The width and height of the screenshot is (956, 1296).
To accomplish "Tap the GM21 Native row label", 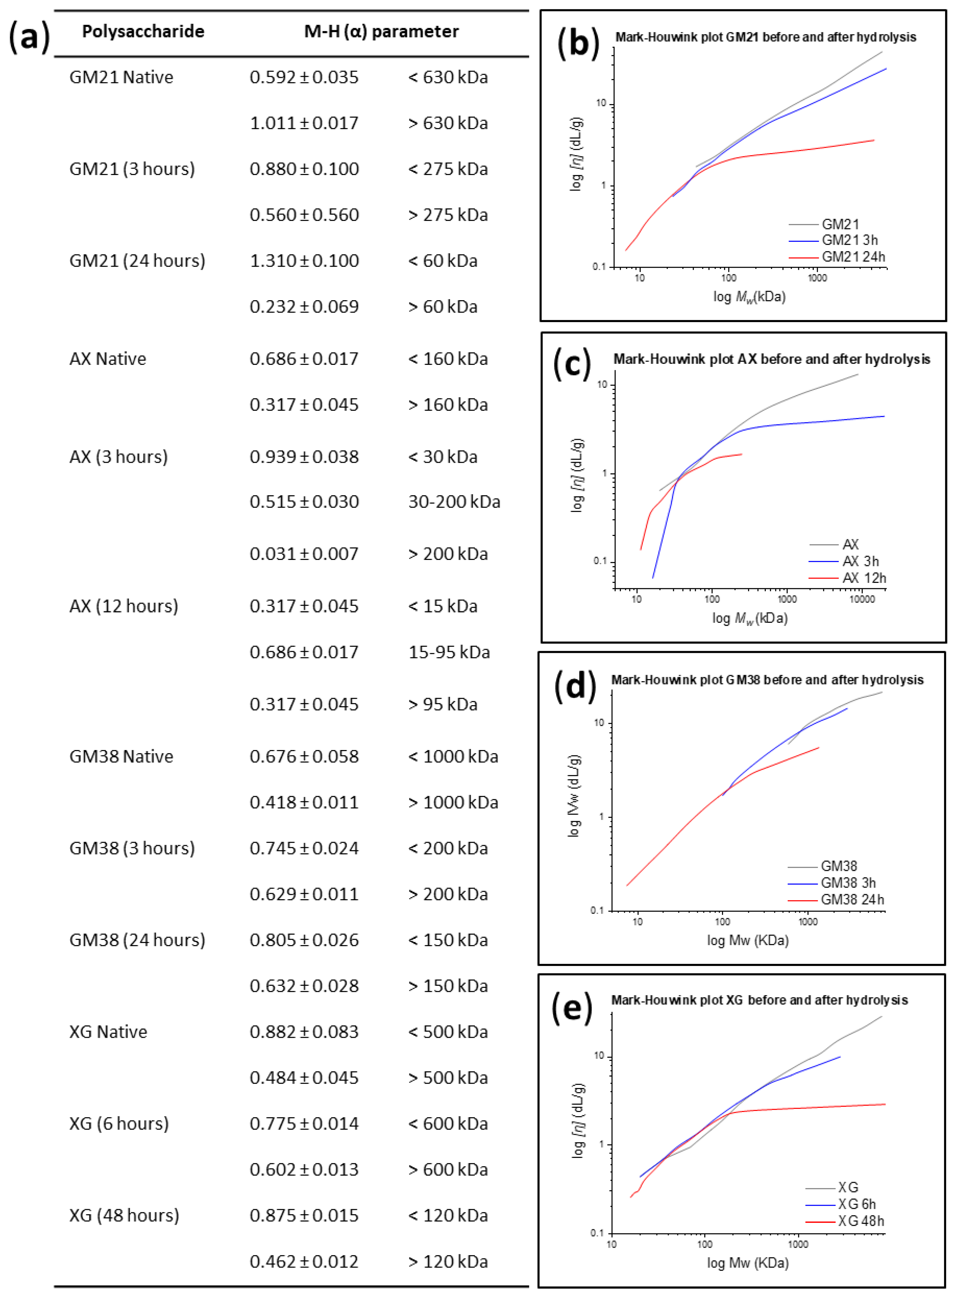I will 121,77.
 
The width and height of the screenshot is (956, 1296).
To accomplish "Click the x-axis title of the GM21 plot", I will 749,297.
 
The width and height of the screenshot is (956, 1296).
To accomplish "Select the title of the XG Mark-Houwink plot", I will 759,1000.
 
